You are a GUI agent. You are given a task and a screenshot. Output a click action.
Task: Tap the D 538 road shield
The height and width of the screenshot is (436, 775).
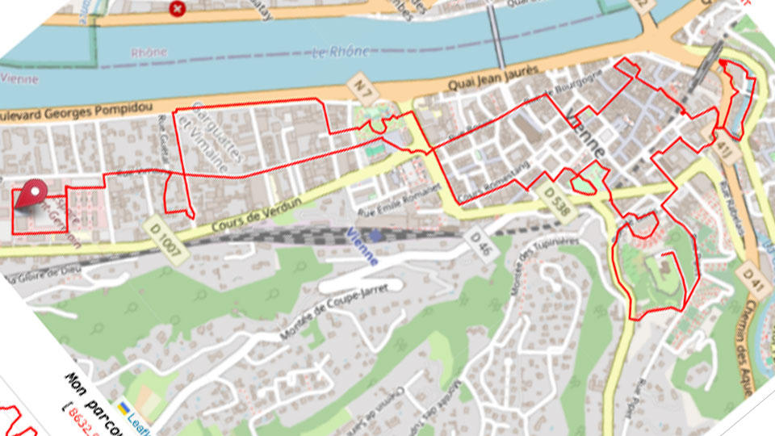(x=558, y=198)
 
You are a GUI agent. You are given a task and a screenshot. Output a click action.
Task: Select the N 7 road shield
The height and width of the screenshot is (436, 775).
(x=361, y=83)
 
